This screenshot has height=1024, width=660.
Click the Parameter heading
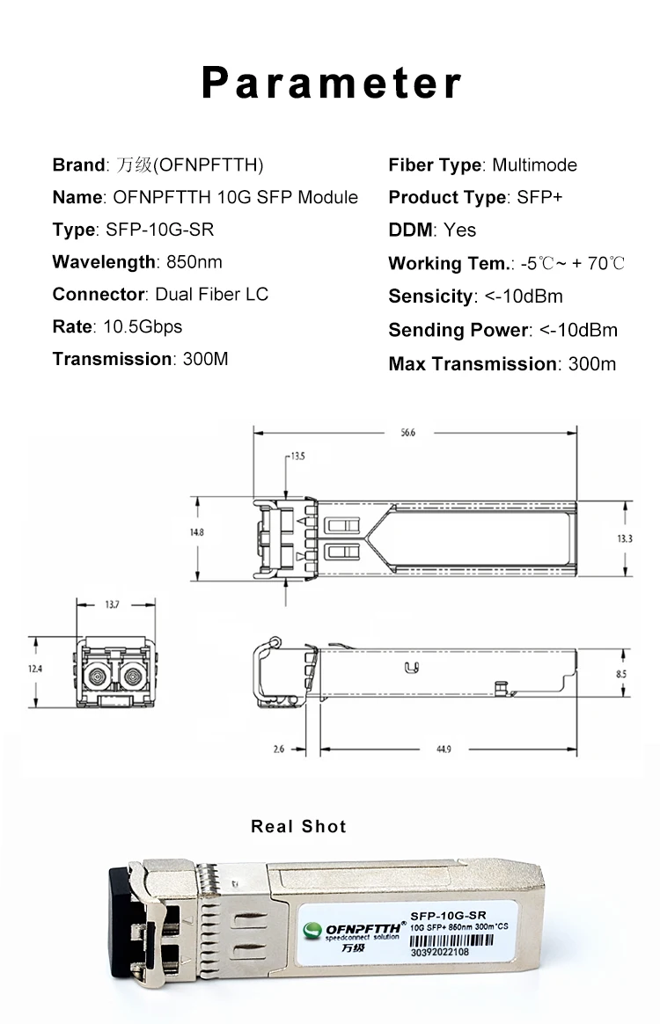pos(331,83)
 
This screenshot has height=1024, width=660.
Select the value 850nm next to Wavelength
pos(194,262)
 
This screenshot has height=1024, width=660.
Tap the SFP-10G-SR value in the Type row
pos(159,230)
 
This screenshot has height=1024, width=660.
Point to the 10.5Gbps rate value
pos(143,326)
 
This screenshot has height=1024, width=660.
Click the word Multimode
pos(534,165)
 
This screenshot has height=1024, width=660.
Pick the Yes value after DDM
pos(459,230)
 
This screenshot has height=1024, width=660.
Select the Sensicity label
pos(430,296)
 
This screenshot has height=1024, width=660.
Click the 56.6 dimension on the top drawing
pos(407,432)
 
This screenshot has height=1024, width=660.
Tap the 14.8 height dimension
pos(197,532)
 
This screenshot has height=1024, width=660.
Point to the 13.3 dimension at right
pos(625,538)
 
